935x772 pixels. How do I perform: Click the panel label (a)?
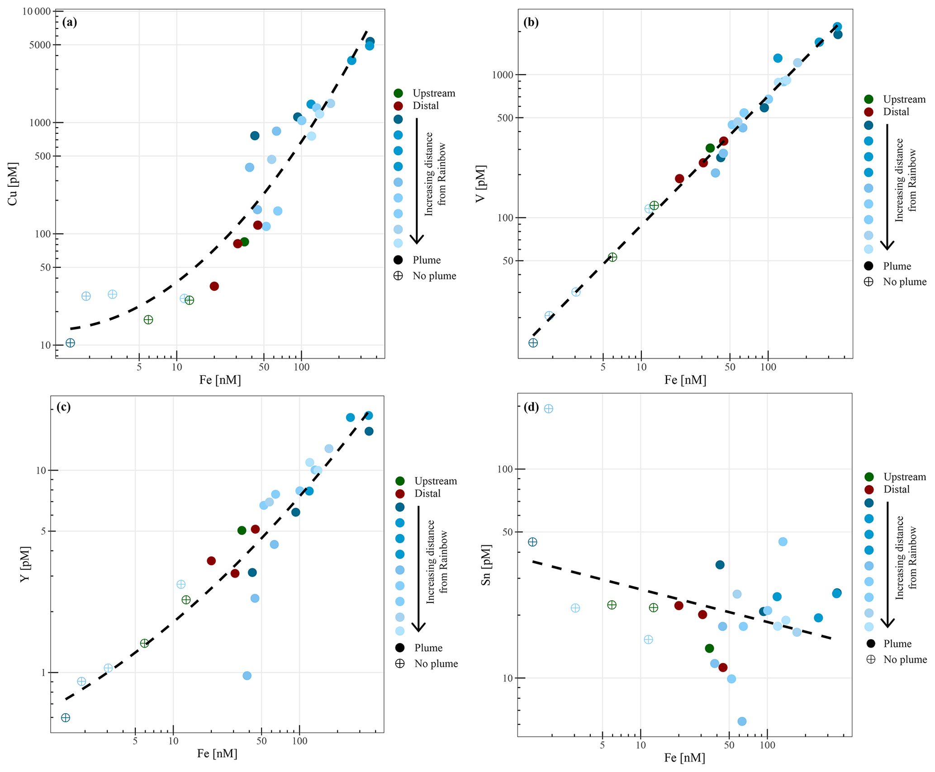coord(70,22)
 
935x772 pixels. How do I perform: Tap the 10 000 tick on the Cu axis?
coord(36,11)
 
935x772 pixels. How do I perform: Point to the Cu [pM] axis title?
coord(12,184)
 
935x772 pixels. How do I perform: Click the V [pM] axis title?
coord(481,184)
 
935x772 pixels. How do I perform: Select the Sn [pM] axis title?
coord(486,565)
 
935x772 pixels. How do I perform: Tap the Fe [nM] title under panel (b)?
coord(685,380)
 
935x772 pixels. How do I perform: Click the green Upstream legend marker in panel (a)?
coord(398,93)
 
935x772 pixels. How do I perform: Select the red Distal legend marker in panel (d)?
coord(869,489)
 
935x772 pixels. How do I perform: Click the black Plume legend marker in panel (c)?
coord(400,648)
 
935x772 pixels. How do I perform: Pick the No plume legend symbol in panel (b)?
coord(869,282)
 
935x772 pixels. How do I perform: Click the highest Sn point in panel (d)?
coord(548,409)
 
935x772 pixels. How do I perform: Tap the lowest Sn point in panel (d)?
coord(742,721)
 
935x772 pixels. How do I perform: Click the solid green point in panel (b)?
coord(710,148)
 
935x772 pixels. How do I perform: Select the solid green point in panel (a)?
coord(245,242)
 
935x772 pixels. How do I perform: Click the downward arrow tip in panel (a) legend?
coord(417,242)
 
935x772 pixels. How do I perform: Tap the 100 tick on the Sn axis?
coord(505,469)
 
